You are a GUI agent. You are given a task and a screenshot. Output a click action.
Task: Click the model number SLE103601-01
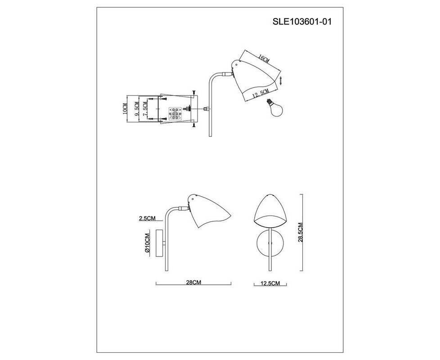(x=302, y=22)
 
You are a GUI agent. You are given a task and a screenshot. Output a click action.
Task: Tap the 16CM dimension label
(x=263, y=59)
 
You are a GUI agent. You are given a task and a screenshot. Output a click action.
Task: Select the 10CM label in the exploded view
(x=126, y=108)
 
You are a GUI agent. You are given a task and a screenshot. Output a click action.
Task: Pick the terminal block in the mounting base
(x=175, y=114)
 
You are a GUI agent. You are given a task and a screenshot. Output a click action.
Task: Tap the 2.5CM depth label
(x=147, y=218)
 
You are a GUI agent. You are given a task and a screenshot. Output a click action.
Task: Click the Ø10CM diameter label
(x=147, y=243)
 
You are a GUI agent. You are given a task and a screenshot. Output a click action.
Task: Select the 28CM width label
(x=193, y=282)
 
